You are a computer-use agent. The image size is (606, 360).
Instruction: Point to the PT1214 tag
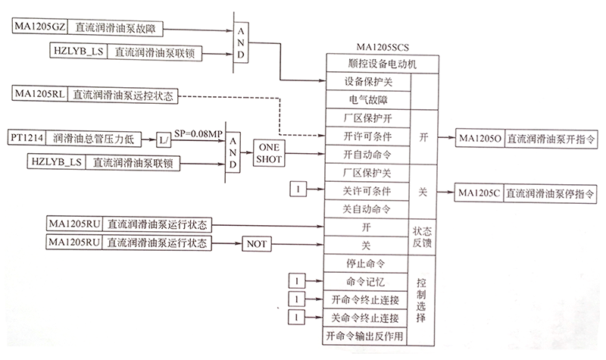pyautogui.click(x=27, y=139)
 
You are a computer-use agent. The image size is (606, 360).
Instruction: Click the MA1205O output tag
pyautogui.click(x=477, y=139)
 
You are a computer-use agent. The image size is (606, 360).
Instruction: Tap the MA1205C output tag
pyautogui.click(x=477, y=192)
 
